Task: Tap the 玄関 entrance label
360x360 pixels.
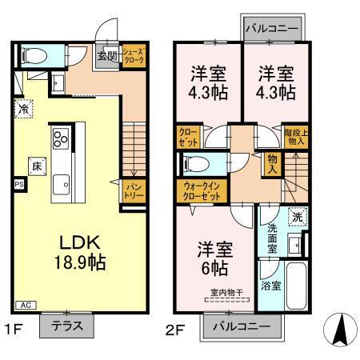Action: pyautogui.click(x=106, y=57)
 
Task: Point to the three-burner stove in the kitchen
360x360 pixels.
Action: pyautogui.click(x=60, y=141)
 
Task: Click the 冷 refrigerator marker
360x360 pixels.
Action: pyautogui.click(x=25, y=109)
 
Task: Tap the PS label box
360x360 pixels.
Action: pyautogui.click(x=18, y=182)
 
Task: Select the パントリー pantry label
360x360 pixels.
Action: pyautogui.click(x=132, y=189)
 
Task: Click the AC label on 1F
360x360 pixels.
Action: pyautogui.click(x=26, y=306)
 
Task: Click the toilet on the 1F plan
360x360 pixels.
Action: pyautogui.click(x=33, y=56)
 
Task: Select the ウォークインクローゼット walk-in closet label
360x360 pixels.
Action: pyautogui.click(x=195, y=190)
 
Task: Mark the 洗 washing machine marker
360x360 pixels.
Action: pyautogui.click(x=297, y=215)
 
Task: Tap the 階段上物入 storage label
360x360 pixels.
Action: pyautogui.click(x=295, y=134)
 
